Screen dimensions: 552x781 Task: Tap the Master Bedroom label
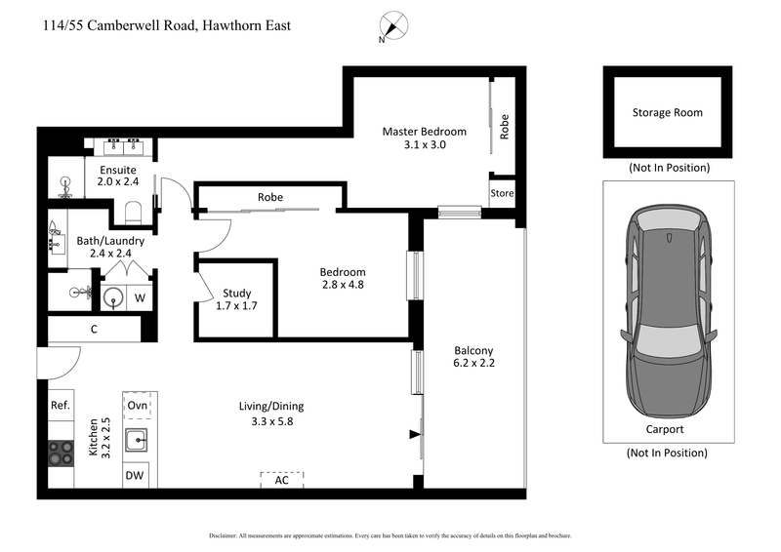tap(424, 138)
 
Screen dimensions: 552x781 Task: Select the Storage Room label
tap(667, 112)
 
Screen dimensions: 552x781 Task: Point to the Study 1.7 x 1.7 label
tap(236, 299)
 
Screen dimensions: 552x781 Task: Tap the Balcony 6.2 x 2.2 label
tap(473, 358)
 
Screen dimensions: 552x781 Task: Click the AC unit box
tap(281, 480)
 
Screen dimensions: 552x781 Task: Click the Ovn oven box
tap(138, 405)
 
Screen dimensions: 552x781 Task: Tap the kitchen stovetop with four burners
tap(61, 452)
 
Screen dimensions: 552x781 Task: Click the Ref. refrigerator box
tap(61, 405)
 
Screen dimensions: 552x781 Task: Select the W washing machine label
tap(140, 298)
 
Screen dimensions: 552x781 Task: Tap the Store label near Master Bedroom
tap(502, 193)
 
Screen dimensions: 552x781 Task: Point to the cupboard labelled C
tap(94, 330)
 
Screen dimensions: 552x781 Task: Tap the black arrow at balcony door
tap(415, 434)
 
